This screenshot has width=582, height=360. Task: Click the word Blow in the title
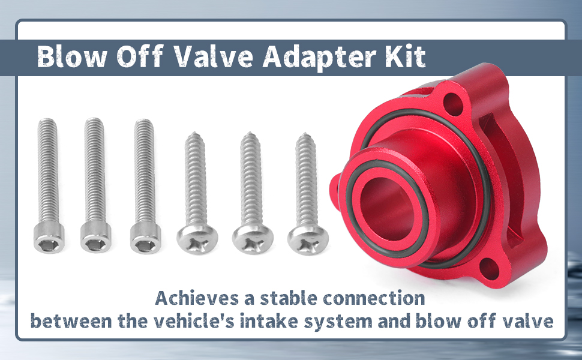coord(73,57)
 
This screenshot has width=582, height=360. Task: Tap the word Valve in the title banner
coord(214,57)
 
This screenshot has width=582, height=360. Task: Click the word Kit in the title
coord(405,57)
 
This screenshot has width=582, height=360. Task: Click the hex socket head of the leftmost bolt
coord(49,237)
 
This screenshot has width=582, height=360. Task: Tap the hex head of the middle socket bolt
coord(96,237)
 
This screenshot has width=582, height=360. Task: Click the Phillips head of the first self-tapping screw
coord(197,239)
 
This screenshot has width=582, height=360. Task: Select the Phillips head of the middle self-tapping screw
coord(253,239)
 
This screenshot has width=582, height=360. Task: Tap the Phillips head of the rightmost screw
coord(308,239)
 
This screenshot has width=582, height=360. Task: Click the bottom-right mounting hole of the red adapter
coord(489,269)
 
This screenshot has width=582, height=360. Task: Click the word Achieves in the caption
coord(197,298)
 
